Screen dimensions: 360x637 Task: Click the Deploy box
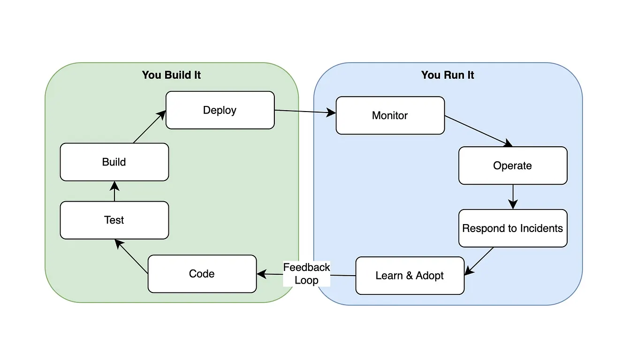coord(220,110)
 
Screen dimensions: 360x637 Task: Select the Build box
coord(114,162)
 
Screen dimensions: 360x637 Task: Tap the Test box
coord(114,220)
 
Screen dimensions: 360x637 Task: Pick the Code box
coord(202,274)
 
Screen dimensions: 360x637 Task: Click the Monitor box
coord(390,116)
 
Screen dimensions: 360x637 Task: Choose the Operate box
coord(512,165)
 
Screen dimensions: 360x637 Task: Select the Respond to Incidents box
coord(512,228)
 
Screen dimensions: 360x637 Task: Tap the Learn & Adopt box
coord(409,276)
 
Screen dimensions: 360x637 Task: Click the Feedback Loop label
coord(307,274)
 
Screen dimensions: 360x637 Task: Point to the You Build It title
coord(171,75)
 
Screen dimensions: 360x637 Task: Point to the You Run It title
coord(447,75)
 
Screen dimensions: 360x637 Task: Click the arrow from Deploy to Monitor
coord(305,112)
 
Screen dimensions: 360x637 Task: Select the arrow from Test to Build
coord(114,191)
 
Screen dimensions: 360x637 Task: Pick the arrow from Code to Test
coord(132,256)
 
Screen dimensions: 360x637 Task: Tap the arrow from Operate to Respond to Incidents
coord(513,197)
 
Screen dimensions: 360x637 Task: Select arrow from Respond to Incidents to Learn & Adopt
coord(479,261)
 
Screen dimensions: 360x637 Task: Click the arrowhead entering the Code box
coord(262,274)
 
